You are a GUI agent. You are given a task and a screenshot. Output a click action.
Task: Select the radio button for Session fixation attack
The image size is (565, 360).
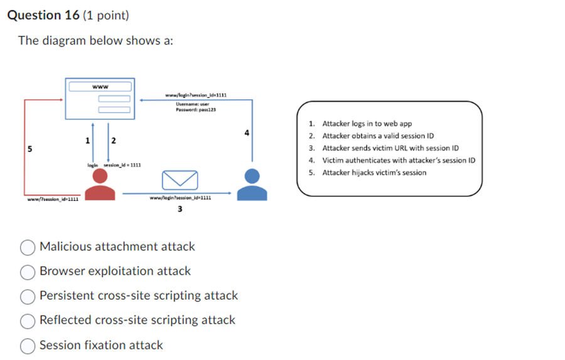(x=28, y=346)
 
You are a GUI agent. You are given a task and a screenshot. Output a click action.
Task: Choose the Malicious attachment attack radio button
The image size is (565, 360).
(x=28, y=248)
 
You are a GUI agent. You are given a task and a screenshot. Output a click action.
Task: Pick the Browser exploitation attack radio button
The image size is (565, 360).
(x=28, y=272)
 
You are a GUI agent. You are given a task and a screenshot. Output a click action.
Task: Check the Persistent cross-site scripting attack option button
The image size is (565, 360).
(x=28, y=297)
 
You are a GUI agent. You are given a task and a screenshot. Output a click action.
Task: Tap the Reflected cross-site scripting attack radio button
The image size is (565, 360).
(x=28, y=321)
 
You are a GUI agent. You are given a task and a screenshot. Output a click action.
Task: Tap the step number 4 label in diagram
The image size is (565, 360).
(x=247, y=133)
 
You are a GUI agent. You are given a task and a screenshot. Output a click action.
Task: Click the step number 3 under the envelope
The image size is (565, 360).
(x=180, y=209)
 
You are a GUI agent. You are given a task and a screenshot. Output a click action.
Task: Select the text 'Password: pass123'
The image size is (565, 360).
(x=195, y=110)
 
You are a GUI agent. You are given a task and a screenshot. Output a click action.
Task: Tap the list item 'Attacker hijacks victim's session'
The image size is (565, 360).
(x=374, y=173)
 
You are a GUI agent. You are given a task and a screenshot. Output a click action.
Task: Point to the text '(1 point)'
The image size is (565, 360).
(x=105, y=15)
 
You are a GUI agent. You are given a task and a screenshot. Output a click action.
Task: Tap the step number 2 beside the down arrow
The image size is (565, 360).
(x=113, y=139)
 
